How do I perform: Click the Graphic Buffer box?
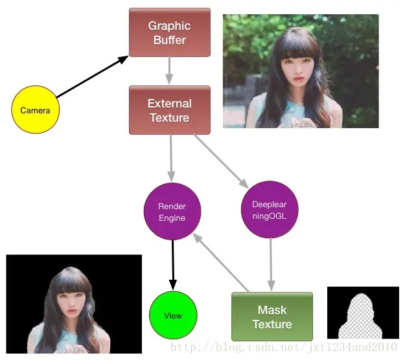click(x=170, y=32)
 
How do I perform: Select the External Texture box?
click(x=170, y=110)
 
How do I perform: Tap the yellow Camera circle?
click(x=35, y=110)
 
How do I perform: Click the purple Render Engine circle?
click(x=172, y=212)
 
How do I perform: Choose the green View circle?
click(x=173, y=316)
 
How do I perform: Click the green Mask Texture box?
click(x=272, y=317)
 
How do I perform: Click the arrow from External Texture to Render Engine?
click(x=171, y=158)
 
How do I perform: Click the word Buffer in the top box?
click(x=170, y=40)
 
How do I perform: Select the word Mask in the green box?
click(x=272, y=310)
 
